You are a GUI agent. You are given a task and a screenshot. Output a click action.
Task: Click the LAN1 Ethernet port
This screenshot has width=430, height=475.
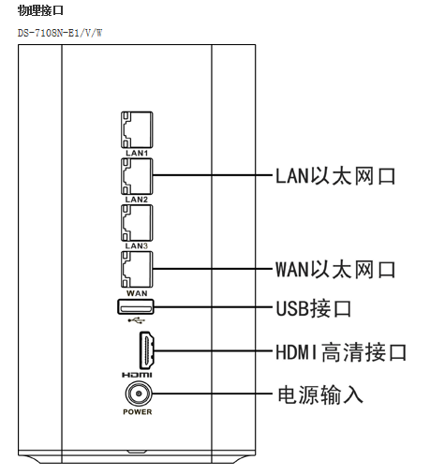tap(137, 129)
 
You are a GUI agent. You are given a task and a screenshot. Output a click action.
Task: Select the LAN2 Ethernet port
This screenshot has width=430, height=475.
tap(137, 176)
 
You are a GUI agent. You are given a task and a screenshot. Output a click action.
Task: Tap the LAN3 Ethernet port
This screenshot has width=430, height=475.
tap(137, 223)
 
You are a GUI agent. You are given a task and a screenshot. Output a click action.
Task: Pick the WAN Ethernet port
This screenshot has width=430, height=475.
tap(137, 269)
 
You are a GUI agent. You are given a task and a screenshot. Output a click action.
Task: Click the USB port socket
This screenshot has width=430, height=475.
tap(136, 306)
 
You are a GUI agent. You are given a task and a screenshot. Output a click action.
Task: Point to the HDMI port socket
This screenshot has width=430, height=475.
tap(146, 350)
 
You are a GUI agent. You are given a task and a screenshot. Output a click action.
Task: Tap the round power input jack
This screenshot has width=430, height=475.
tap(139, 393)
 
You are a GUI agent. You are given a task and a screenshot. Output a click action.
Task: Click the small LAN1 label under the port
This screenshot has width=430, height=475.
tap(137, 153)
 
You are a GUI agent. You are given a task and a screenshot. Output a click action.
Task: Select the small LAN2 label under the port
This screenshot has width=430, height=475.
tap(137, 200)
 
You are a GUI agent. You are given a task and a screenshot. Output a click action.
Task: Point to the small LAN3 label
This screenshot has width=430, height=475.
tap(137, 245)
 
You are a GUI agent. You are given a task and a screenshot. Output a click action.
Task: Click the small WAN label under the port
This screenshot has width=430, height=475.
tap(137, 293)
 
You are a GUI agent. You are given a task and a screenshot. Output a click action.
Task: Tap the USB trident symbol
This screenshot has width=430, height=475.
tap(137, 320)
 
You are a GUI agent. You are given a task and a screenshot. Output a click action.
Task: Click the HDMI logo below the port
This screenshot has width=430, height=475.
tap(137, 375)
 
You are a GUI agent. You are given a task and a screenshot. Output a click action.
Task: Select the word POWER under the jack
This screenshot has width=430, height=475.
tap(138, 412)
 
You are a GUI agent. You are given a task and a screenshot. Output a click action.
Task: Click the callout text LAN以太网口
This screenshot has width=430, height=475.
tap(335, 176)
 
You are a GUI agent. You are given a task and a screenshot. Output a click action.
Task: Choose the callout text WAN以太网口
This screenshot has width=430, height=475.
tap(335, 270)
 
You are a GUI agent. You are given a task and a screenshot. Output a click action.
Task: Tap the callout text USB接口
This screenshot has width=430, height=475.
tap(314, 308)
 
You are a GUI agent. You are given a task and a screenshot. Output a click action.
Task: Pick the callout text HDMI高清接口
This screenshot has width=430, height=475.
tap(341, 352)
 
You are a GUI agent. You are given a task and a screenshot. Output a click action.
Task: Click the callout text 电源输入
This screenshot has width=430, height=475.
tap(320, 394)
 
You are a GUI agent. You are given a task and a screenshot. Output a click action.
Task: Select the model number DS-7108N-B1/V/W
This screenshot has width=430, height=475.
tap(60, 33)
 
